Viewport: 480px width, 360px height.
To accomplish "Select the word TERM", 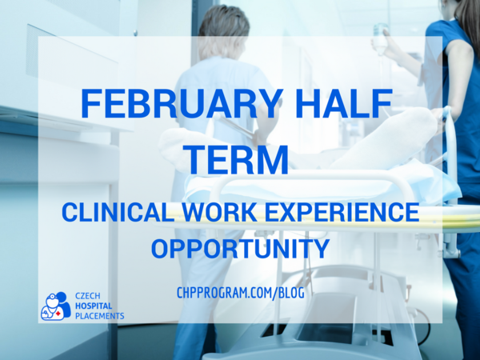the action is pyautogui.click(x=238, y=160).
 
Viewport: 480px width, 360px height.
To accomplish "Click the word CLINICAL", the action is pyautogui.click(x=118, y=212).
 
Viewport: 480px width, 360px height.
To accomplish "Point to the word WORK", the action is pyautogui.click(x=219, y=212).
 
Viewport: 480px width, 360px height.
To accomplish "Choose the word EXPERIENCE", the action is pyautogui.click(x=342, y=212).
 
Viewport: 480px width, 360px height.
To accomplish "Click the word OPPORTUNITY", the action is pyautogui.click(x=240, y=248).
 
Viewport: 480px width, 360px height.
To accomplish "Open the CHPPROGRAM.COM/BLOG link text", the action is pyautogui.click(x=241, y=293).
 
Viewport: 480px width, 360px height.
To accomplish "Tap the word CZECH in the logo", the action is pyautogui.click(x=87, y=296).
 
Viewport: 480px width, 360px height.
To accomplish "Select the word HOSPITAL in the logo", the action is pyautogui.click(x=94, y=306).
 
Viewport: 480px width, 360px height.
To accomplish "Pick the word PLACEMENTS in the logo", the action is pyautogui.click(x=100, y=316).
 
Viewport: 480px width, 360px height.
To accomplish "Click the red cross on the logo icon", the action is pyautogui.click(x=58, y=314).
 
